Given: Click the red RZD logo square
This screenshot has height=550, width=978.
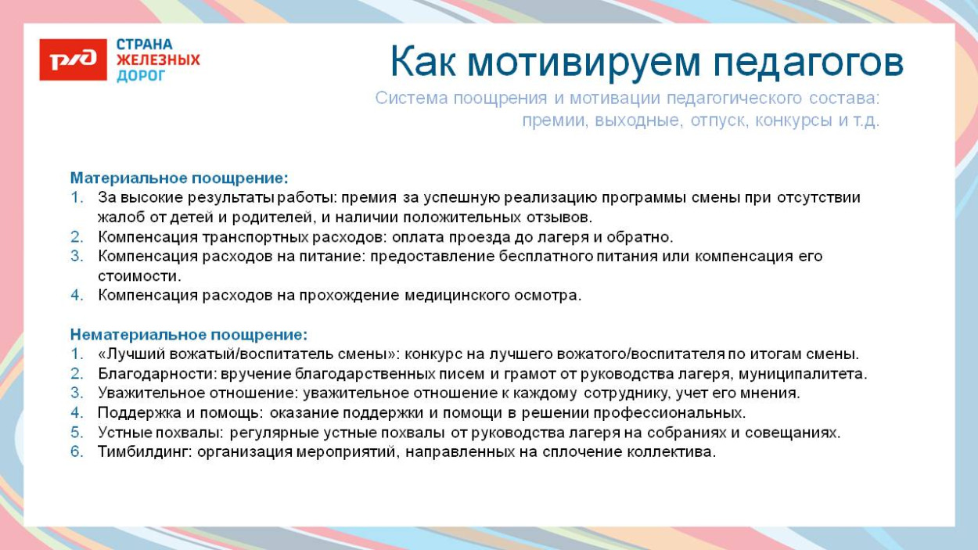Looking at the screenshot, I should pos(73,59).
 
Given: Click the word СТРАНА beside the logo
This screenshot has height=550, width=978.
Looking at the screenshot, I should pos(145,44).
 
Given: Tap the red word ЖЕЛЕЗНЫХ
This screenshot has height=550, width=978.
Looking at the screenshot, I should pos(158,60).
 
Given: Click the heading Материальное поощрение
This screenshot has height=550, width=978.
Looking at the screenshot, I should pos(179,178).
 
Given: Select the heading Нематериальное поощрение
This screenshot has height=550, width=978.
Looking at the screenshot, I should pos(189,335).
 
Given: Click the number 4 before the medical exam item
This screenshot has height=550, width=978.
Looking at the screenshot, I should pos(77,296).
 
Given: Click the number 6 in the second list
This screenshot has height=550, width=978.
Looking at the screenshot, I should pos(77,452).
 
